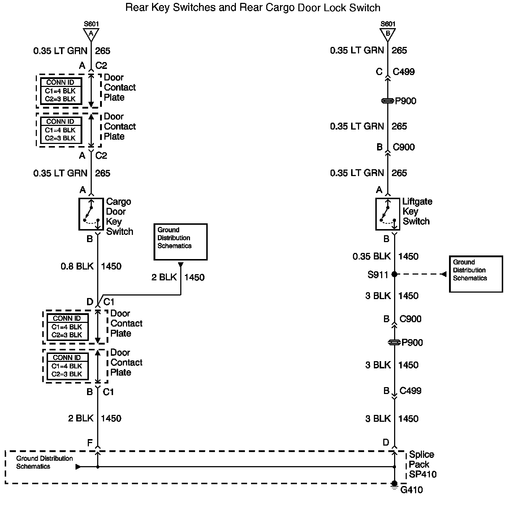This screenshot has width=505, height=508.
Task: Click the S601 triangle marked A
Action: [91, 34]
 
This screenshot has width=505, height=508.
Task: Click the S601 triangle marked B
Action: [388, 34]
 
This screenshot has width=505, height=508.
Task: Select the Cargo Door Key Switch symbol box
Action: [91, 214]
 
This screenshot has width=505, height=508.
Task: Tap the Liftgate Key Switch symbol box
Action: [388, 214]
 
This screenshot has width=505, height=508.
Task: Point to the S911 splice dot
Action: [394, 274]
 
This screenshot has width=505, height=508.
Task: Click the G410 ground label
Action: [411, 490]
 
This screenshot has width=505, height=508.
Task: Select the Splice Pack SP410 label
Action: [422, 465]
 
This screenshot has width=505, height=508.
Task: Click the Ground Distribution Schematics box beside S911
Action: [476, 274]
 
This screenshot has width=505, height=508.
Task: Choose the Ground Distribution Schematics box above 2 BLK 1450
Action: [180, 242]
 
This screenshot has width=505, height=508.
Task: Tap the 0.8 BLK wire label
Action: [77, 266]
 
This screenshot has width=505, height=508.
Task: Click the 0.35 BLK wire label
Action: [372, 257]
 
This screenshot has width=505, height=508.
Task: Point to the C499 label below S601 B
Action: [403, 72]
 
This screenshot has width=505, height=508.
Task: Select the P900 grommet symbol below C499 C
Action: [388, 101]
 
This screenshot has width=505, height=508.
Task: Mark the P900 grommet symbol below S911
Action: [394, 342]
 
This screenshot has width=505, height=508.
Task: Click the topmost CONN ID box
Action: [61, 91]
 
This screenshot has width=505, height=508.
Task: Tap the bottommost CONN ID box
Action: [67, 366]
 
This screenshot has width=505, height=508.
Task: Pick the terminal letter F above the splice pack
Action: [90, 443]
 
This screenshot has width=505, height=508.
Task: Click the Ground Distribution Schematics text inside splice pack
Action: [44, 462]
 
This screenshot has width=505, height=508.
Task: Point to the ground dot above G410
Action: [394, 483]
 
